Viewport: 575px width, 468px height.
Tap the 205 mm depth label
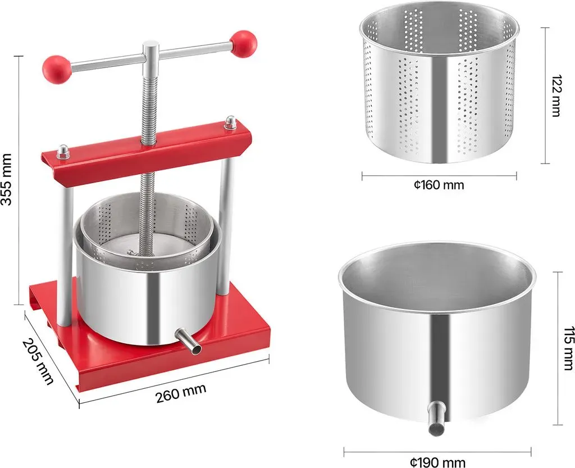[38, 361]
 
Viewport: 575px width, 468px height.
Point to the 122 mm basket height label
[556, 96]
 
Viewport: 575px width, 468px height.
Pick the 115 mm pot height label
[568, 348]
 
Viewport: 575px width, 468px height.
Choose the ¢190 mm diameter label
[438, 462]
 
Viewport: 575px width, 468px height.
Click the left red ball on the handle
[57, 69]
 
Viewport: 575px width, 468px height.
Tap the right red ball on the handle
[243, 44]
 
